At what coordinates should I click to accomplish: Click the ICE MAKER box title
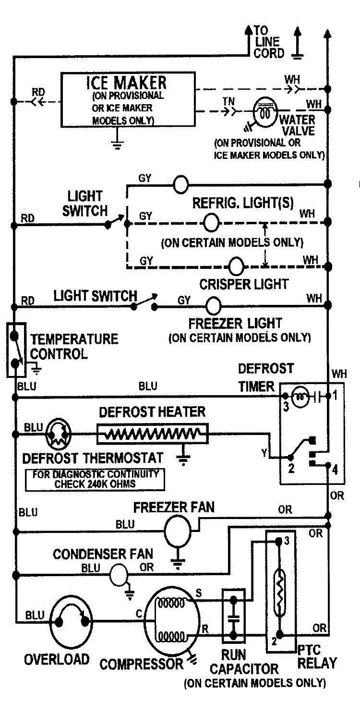[127, 83]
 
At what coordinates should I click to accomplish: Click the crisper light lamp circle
[236, 266]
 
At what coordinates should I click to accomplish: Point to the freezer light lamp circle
[214, 304]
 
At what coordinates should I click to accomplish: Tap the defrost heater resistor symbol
[153, 434]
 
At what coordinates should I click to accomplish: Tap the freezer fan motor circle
[178, 531]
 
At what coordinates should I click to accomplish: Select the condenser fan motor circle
[120, 574]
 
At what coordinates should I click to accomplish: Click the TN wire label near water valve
[228, 102]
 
